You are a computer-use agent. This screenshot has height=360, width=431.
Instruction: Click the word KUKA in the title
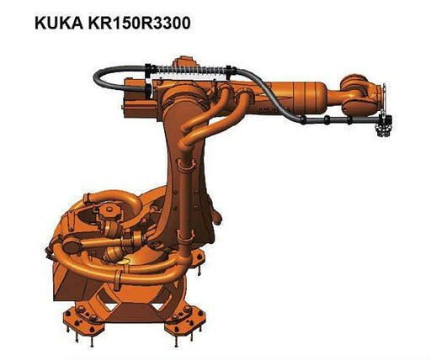59,23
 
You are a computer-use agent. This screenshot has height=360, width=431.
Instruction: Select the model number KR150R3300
140,23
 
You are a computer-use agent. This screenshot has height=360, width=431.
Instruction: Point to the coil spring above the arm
189,69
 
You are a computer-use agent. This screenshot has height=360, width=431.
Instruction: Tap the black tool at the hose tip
384,124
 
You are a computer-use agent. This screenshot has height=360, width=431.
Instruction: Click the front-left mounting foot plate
83,316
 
